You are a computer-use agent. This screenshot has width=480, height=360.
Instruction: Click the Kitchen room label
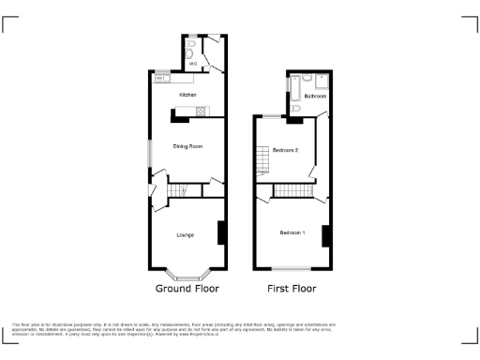point(187,96)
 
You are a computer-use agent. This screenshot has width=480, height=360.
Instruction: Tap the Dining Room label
point(187,146)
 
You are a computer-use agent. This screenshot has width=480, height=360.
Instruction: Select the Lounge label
point(186,234)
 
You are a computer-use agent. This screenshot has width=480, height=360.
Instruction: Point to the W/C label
point(194,64)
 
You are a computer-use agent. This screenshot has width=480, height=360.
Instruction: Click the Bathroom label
point(315,97)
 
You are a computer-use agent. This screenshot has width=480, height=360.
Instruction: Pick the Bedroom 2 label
point(285,150)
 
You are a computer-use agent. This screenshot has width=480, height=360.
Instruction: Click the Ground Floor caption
point(187,289)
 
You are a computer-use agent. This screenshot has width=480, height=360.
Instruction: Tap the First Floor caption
point(292,289)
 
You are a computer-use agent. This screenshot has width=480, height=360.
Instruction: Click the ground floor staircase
point(179,192)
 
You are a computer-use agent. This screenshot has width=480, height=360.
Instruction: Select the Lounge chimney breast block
point(220,232)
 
